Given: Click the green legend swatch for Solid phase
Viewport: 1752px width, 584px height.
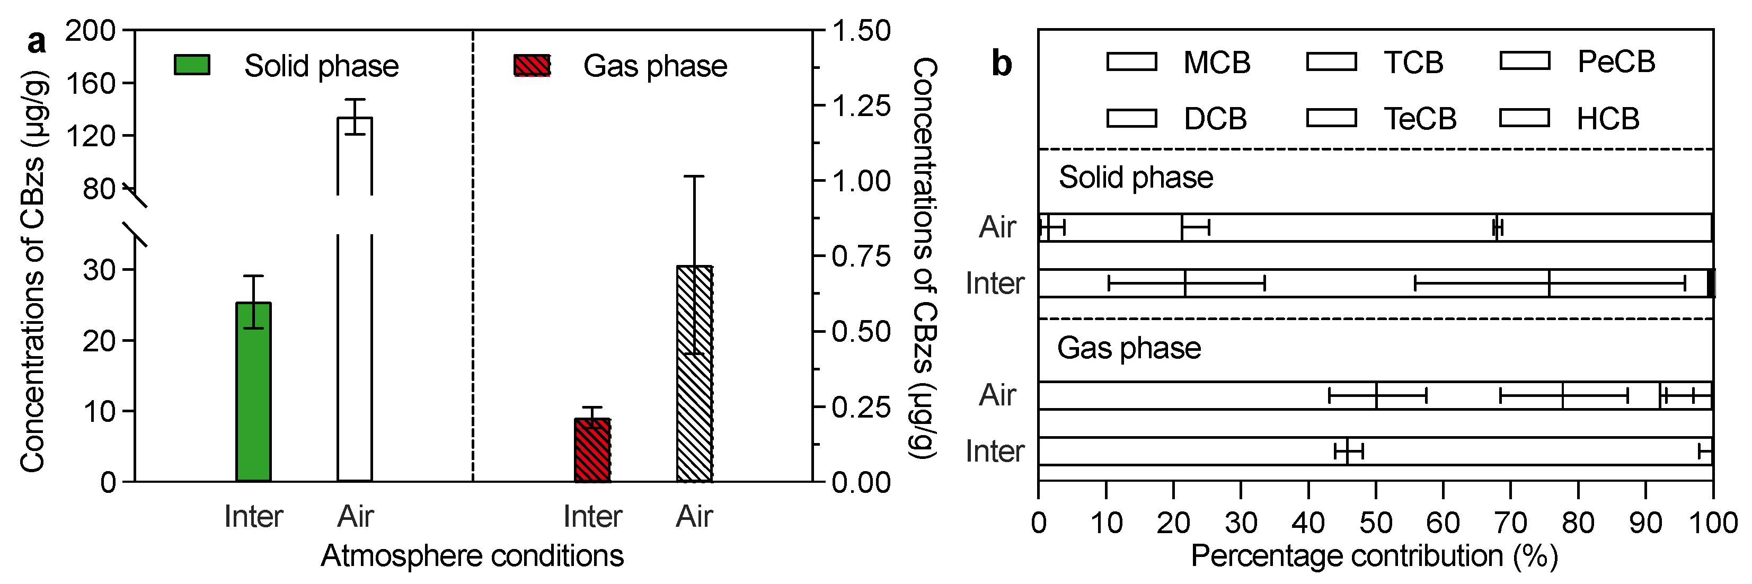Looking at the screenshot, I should click(x=192, y=65).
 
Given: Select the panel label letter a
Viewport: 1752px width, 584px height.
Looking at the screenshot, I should click(x=36, y=42).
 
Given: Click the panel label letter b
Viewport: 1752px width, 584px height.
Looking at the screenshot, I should click(x=1001, y=63).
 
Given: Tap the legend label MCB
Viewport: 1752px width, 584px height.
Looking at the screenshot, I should click(x=1217, y=63).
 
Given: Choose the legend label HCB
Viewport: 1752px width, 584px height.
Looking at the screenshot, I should click(x=1608, y=119).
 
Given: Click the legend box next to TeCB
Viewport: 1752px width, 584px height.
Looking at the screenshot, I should click(x=1331, y=118).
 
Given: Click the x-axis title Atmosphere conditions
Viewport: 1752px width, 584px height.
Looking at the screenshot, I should click(x=472, y=556).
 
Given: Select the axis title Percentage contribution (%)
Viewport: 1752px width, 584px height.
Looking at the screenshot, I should click(x=1374, y=556).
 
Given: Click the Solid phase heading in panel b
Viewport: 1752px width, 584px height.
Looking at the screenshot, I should click(x=1135, y=178).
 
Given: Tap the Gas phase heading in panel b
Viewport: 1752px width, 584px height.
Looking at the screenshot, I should click(x=1128, y=348).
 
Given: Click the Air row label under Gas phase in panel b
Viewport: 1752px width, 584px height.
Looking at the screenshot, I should click(x=997, y=395).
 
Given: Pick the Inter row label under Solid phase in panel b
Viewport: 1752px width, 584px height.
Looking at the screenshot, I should click(x=994, y=284).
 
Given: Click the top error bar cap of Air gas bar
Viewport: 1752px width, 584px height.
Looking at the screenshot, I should click(x=694, y=177).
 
